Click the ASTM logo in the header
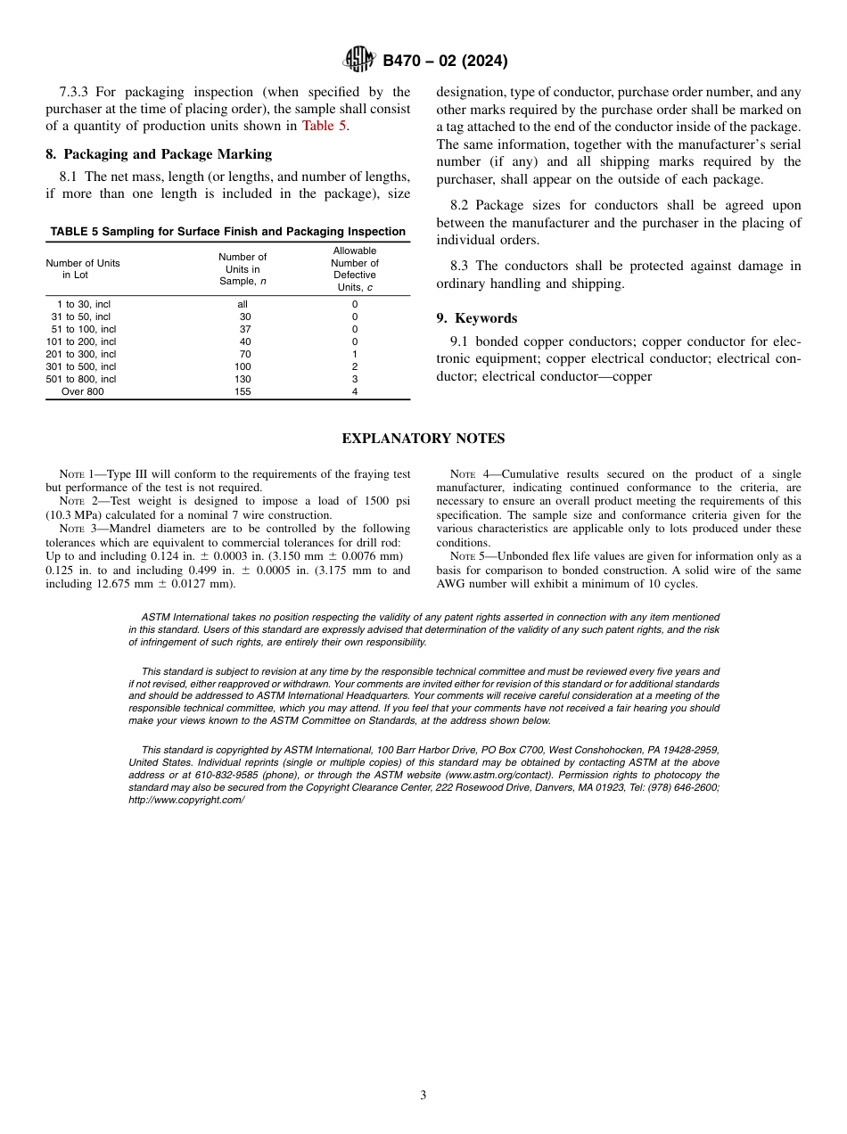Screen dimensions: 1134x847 [359, 61]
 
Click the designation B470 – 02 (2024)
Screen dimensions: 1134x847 [445, 62]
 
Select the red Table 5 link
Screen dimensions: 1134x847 [324, 126]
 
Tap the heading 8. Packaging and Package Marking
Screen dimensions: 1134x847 [159, 154]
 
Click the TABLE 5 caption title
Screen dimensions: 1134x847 [227, 232]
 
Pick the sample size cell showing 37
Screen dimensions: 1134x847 [244, 329]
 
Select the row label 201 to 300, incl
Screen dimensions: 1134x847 [81, 354]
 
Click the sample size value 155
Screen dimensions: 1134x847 [243, 391]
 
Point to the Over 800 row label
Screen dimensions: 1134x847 [82, 391]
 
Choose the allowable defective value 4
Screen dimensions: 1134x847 [354, 391]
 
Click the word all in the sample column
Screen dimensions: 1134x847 [243, 304]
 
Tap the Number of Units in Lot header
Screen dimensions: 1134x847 [82, 269]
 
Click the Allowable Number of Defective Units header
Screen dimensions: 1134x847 [354, 269]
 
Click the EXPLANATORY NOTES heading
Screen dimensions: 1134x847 [423, 439]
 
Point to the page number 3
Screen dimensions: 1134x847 [423, 1096]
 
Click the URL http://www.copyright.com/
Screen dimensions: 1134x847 [186, 801]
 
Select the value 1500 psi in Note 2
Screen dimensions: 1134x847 [383, 502]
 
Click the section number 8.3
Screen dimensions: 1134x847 [460, 266]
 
